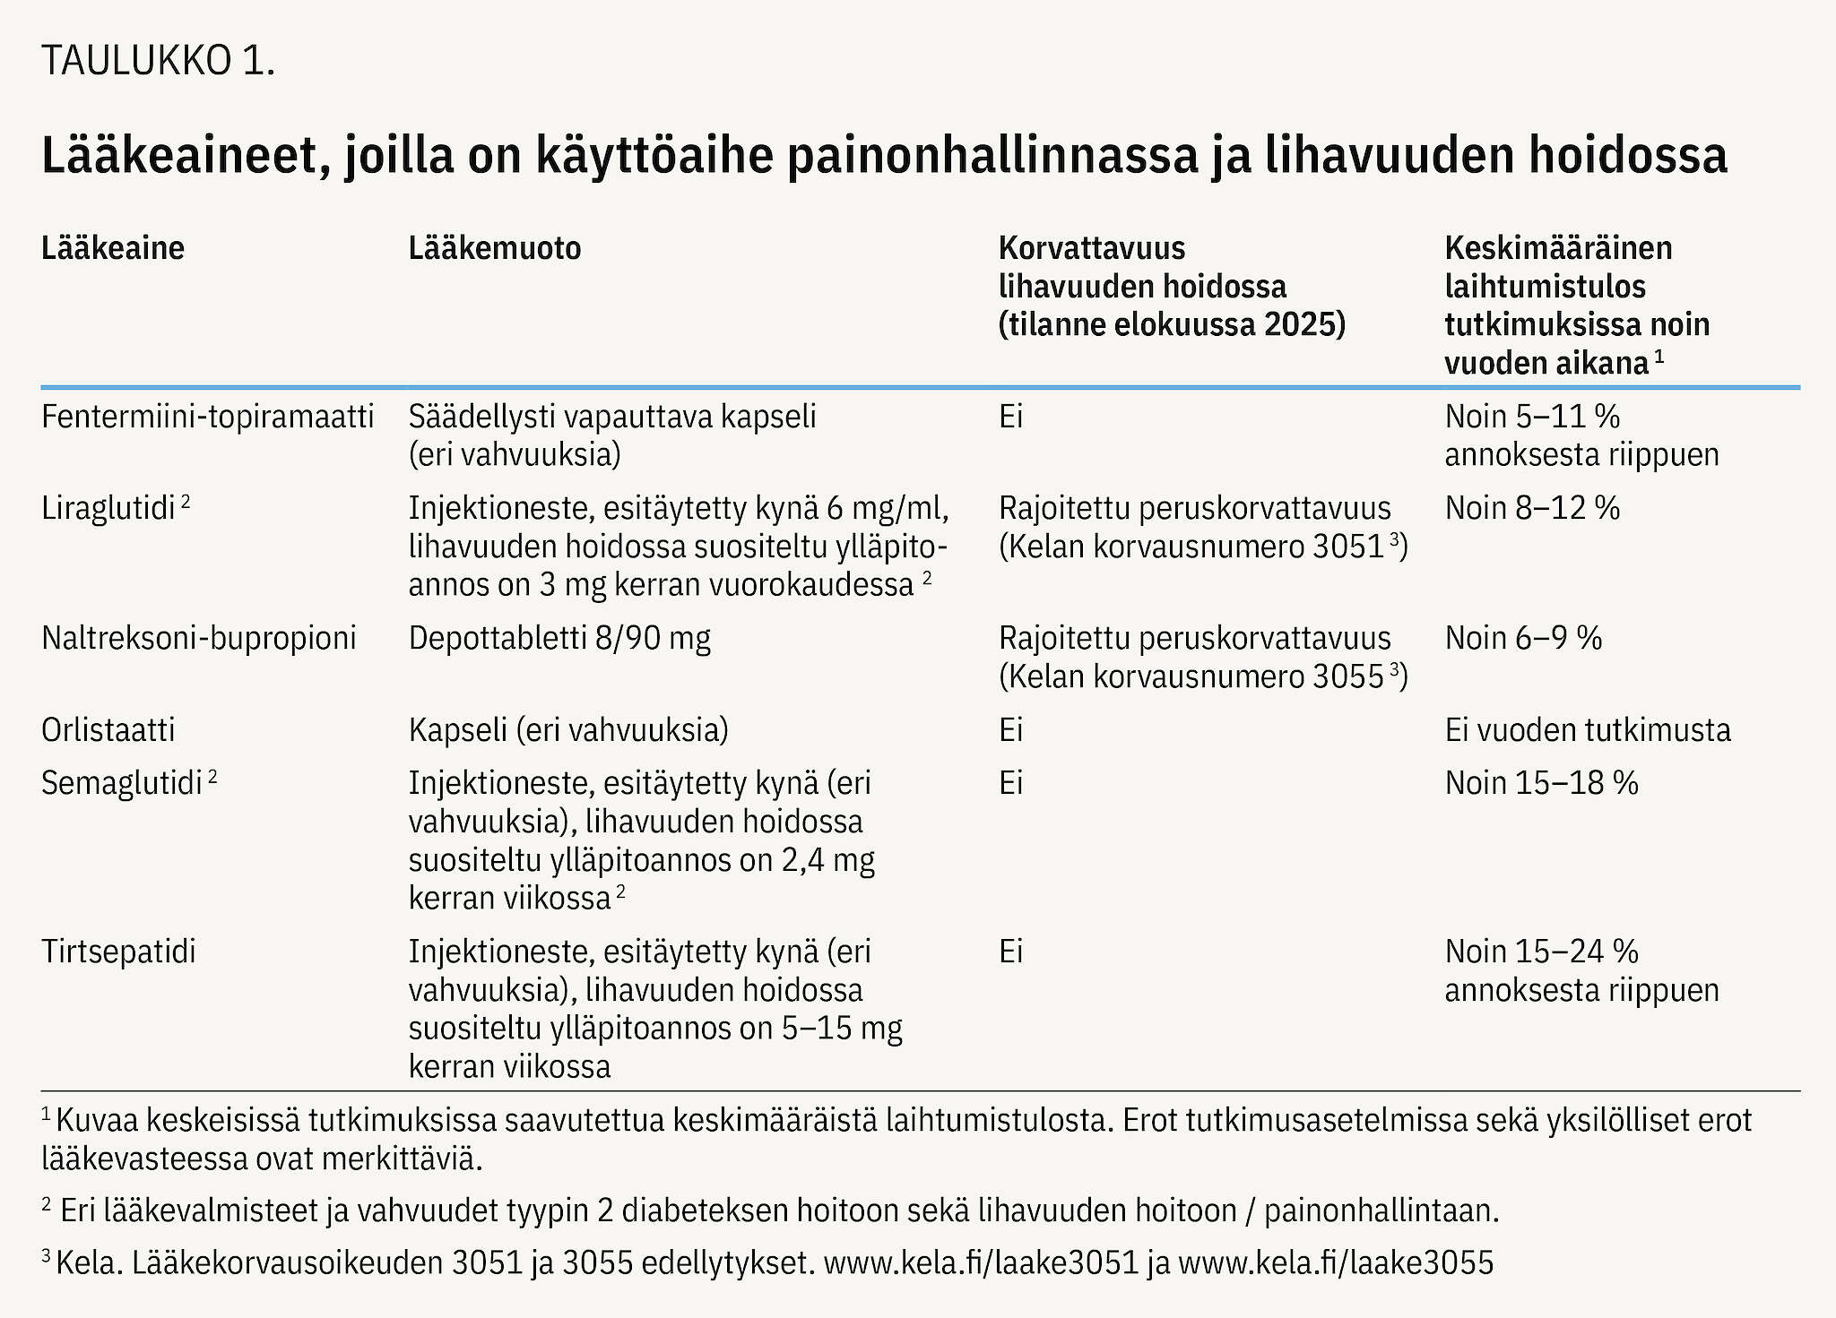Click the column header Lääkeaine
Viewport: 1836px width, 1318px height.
(113, 248)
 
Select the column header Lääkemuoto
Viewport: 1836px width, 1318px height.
(495, 248)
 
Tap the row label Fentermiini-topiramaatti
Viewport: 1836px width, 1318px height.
(207, 417)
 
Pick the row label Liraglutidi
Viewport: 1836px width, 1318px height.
(108, 509)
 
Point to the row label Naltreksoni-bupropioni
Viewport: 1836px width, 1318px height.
(198, 638)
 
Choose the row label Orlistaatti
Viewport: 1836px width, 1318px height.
(108, 730)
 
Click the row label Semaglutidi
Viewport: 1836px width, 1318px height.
(122, 783)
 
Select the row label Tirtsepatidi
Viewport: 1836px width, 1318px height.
(118, 952)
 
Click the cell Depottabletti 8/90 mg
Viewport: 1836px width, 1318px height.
(559, 638)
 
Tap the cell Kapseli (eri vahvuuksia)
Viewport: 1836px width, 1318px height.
(568, 730)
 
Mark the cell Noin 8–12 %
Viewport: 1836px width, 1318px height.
(1532, 509)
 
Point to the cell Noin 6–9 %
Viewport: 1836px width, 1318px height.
(1523, 638)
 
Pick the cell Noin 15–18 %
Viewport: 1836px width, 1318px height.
(1541, 783)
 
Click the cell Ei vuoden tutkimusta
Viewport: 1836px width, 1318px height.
(1588, 730)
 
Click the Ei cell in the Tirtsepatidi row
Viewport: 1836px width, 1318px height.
(1010, 952)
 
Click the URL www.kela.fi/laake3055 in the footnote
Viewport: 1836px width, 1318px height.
(1336, 1262)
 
